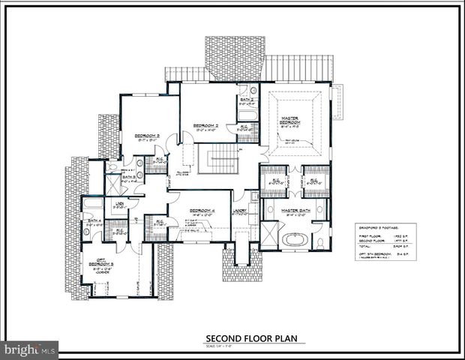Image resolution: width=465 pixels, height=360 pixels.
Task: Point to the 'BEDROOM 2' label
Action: pos(205,124)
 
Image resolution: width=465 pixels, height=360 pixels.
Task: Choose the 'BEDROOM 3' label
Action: pos(146,136)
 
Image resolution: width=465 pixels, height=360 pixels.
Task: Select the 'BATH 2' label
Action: pos(247,99)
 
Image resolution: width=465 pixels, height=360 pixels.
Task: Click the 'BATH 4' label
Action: pos(94,220)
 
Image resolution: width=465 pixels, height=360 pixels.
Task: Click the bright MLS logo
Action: pos(30,349)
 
